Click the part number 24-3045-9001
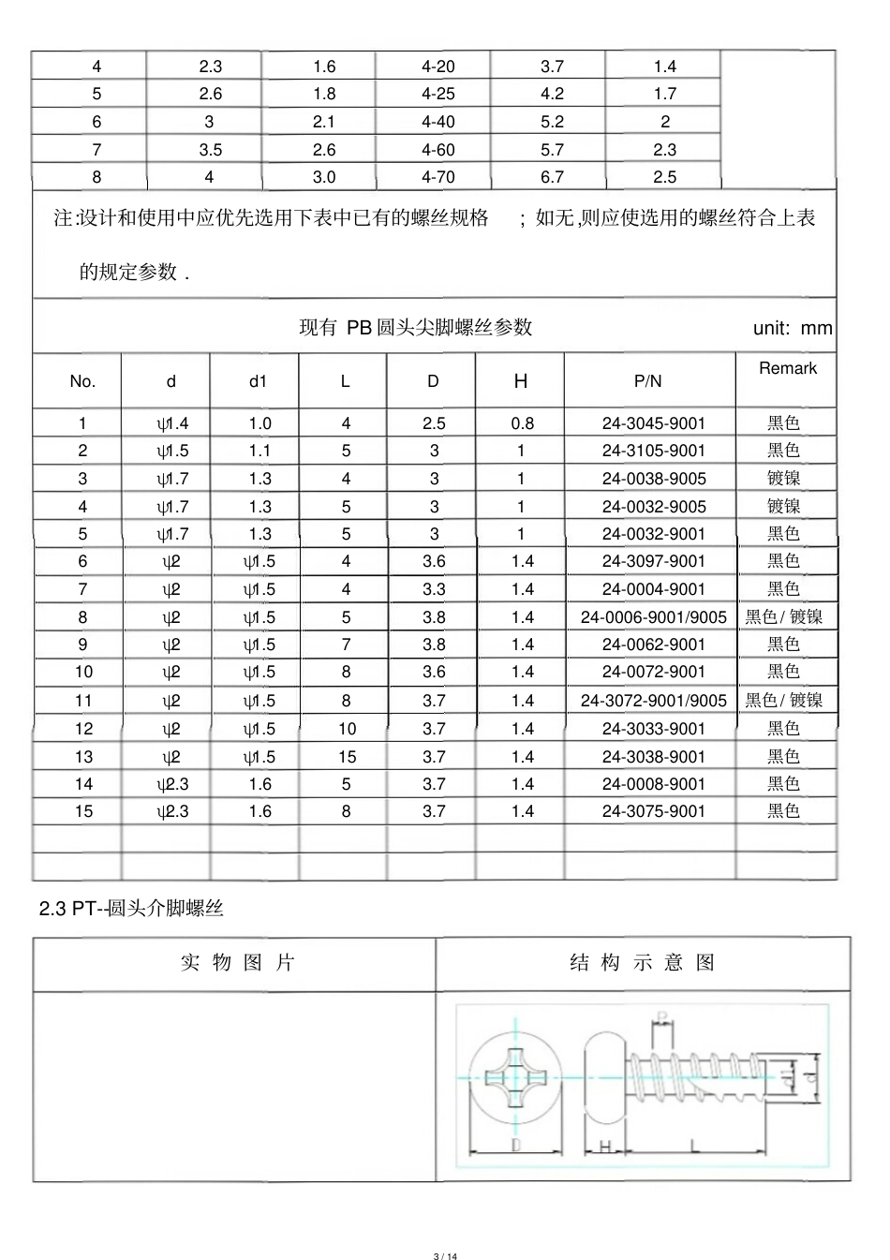[x=653, y=423]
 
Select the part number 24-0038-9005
[x=653, y=479]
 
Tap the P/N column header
[x=647, y=381]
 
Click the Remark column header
[x=788, y=368]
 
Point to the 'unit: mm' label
[x=792, y=328]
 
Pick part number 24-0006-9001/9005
[x=653, y=617]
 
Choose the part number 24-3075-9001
[x=653, y=811]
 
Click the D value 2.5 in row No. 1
[x=434, y=423]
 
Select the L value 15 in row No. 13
[x=347, y=757]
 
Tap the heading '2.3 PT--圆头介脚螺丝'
[x=131, y=908]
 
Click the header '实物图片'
[x=237, y=963]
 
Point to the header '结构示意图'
[x=643, y=963]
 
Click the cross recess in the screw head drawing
[x=514, y=1078]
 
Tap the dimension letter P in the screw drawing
[x=662, y=1017]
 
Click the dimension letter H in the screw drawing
[x=604, y=1147]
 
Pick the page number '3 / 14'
[x=445, y=1256]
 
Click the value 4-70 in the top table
[x=438, y=177]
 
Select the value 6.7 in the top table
[x=552, y=177]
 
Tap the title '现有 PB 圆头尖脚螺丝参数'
[x=415, y=327]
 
